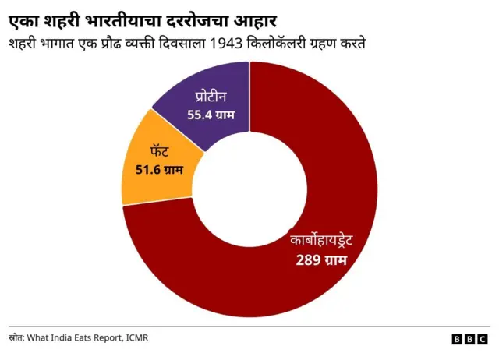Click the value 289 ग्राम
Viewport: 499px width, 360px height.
pyautogui.click(x=320, y=259)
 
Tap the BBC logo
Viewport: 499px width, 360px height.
pyautogui.click(x=470, y=339)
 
